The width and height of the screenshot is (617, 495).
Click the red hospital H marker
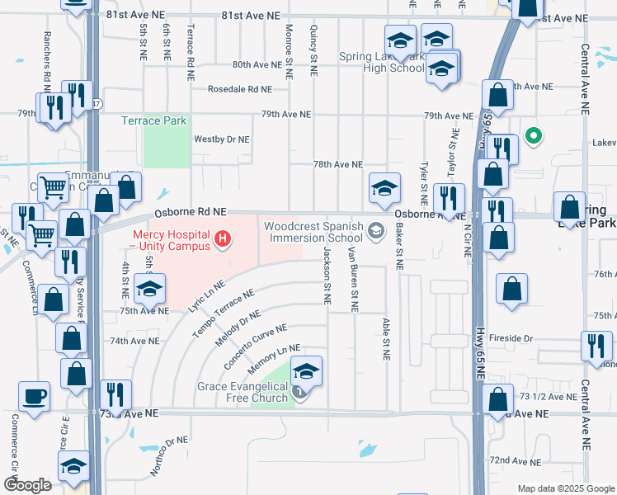point(221,240)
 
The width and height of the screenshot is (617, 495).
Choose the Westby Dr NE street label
point(221,139)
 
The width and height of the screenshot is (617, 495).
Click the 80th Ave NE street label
point(257,64)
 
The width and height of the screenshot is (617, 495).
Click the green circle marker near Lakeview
point(535,135)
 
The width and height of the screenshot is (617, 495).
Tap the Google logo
point(27,485)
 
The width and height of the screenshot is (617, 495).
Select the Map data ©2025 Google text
point(565,488)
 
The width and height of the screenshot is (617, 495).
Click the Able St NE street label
point(385,339)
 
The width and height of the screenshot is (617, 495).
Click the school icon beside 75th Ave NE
point(149,290)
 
